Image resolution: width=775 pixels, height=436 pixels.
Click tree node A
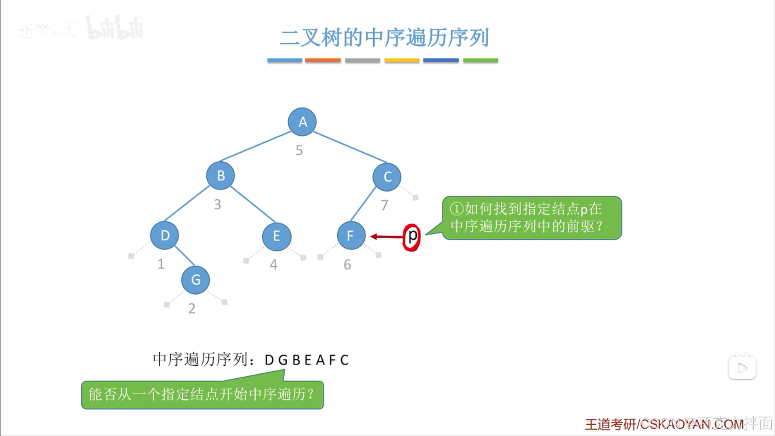[302, 122]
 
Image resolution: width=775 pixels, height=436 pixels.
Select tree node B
[221, 176]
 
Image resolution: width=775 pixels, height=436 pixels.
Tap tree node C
[387, 177]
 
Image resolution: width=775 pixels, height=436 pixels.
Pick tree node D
[165, 235]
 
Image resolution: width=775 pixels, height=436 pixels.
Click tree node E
[277, 236]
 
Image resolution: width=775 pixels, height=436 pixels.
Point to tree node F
[351, 235]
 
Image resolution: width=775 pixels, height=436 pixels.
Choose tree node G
[195, 280]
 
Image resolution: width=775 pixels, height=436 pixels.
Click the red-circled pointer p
[412, 237]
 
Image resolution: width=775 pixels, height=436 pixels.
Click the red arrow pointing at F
[386, 236]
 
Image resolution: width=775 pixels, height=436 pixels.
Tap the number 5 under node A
[299, 150]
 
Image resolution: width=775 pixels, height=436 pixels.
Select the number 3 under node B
[217, 204]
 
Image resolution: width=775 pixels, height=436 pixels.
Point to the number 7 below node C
[384, 205]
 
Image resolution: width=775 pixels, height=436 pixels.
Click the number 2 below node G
[192, 309]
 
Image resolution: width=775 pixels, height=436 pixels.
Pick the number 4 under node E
[273, 265]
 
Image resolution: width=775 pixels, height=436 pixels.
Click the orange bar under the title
[323, 60]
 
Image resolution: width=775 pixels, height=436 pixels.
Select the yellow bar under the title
[402, 60]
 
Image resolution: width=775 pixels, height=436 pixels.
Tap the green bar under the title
[480, 60]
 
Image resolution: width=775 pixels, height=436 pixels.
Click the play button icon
[742, 368]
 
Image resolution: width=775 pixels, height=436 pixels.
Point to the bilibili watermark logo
[115, 28]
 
